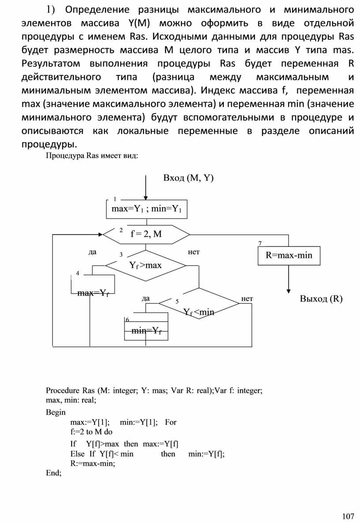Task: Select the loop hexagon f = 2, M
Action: point(146,234)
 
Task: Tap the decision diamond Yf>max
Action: point(146,265)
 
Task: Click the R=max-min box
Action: point(289,255)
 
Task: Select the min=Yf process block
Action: point(145,331)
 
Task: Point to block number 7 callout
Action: point(260,243)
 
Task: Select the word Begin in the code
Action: point(56,412)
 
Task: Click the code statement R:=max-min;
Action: point(92,463)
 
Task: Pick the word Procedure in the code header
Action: point(62,390)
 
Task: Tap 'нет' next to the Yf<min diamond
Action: point(247,298)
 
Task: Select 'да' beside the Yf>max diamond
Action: point(92,252)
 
